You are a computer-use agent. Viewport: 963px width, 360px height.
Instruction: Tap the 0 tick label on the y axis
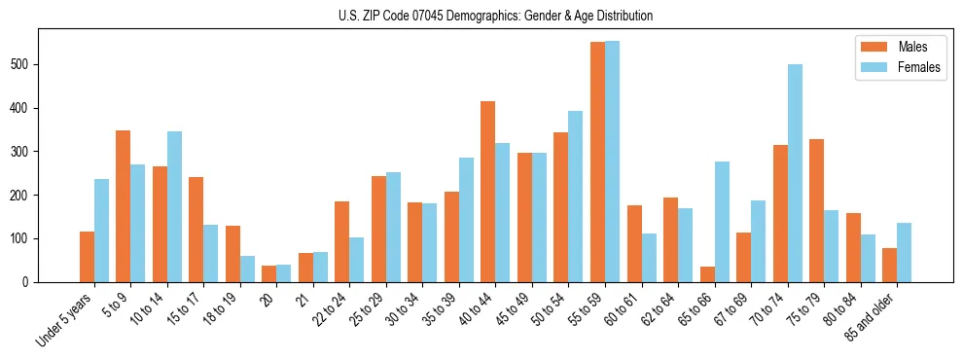click(31, 282)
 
